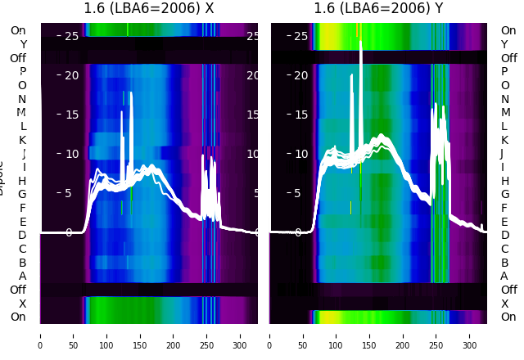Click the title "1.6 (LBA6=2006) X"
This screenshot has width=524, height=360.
pyautogui.click(x=149, y=9)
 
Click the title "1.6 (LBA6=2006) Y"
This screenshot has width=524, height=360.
pyautogui.click(x=379, y=9)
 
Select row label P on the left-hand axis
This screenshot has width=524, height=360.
pyautogui.click(x=22, y=72)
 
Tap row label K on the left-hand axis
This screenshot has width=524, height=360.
pyautogui.click(x=22, y=140)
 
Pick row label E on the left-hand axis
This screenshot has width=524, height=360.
pyautogui.click(x=22, y=222)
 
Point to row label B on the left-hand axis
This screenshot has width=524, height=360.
pyautogui.click(x=22, y=263)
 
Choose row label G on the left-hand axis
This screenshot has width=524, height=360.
pyautogui.click(x=22, y=195)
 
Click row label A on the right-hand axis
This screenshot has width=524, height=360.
pyautogui.click(x=504, y=277)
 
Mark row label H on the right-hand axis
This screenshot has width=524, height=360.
pyautogui.click(x=504, y=181)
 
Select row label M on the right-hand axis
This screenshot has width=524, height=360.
pyautogui.click(x=504, y=113)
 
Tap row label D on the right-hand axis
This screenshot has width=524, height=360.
pyautogui.click(x=504, y=236)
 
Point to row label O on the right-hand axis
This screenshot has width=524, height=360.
pyautogui.click(x=504, y=85)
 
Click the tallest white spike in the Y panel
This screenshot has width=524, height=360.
pyautogui.click(x=361, y=41)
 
